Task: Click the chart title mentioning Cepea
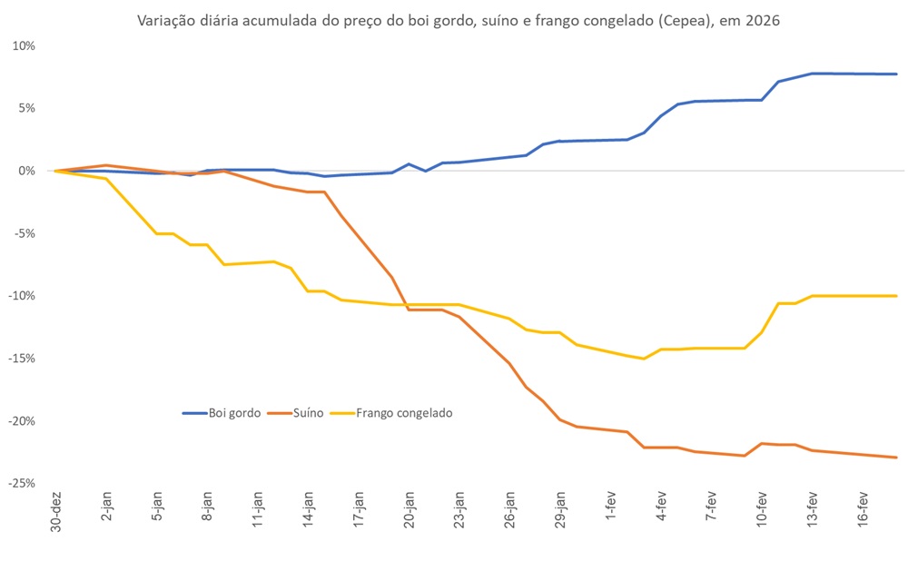[459, 21]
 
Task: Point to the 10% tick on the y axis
[24, 45]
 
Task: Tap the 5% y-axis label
[26, 108]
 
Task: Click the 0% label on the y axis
[26, 171]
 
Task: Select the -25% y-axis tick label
[22, 483]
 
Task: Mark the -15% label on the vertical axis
[22, 359]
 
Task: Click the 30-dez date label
[57, 513]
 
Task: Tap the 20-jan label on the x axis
[410, 514]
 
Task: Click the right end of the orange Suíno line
[897, 458]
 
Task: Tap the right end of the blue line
[897, 74]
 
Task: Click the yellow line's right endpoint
[897, 296]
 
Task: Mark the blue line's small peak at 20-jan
[409, 164]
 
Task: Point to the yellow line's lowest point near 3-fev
[644, 359]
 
